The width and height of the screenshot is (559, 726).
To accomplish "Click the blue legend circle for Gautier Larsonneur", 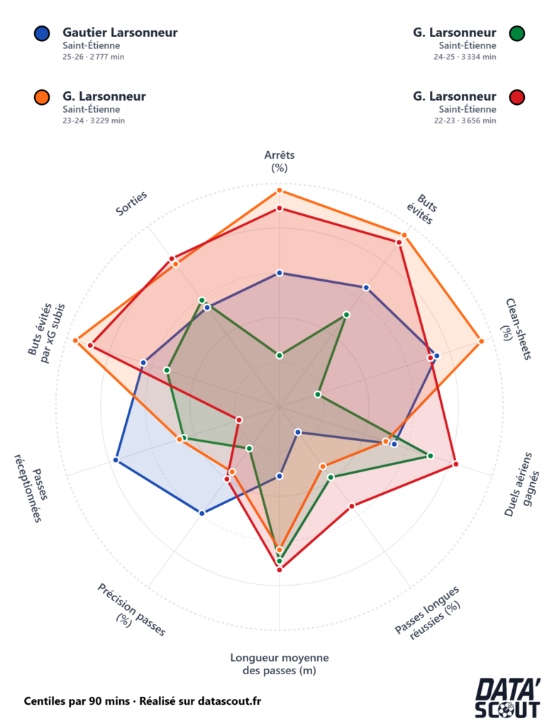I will point(42,33).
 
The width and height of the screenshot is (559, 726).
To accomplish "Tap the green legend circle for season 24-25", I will point(517,33).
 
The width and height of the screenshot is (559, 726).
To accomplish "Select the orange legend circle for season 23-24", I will point(42,96).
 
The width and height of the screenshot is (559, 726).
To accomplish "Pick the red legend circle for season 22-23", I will point(517,96).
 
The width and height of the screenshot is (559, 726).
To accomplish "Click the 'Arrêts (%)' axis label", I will point(279,161).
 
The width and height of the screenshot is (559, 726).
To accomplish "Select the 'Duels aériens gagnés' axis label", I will point(521,484).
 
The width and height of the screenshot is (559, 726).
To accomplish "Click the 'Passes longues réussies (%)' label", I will point(428,612).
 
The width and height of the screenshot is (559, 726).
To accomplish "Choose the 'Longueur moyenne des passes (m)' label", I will point(279,664).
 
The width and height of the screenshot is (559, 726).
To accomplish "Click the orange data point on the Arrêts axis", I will point(279,191).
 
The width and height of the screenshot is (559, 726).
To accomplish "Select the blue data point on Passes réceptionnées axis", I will point(116,461).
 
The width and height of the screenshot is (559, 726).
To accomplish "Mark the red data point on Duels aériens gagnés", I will point(455,464).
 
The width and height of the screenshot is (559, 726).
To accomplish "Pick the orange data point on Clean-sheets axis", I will point(481,341).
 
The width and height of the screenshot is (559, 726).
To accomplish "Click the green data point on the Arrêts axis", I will point(279,355).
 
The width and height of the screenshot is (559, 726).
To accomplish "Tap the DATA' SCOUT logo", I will point(507,698).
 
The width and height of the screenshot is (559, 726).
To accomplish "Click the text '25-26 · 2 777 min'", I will point(93,57).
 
